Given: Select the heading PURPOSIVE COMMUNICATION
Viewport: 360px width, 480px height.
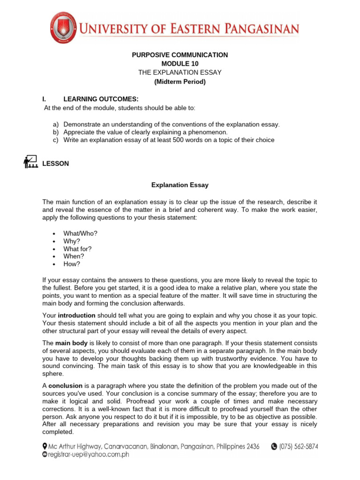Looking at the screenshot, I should [x=180, y=55].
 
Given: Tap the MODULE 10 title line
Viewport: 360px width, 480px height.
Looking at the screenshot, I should [x=180, y=63].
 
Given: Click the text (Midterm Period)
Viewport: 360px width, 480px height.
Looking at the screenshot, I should [x=180, y=81].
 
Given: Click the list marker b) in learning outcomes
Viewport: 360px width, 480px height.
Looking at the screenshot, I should [x=55, y=132].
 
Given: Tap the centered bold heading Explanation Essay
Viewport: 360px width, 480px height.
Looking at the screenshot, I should [x=180, y=185].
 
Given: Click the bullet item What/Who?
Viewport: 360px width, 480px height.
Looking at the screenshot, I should [x=81, y=233].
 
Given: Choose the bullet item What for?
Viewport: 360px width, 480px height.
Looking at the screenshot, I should [x=78, y=248].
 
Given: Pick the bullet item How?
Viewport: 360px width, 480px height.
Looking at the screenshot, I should [x=72, y=264].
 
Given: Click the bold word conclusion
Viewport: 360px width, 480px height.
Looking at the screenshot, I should [x=66, y=385].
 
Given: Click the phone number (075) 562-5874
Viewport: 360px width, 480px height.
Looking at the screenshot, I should [x=299, y=447].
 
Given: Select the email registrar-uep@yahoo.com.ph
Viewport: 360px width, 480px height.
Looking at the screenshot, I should [x=89, y=454].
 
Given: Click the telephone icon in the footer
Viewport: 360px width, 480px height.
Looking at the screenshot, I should [x=274, y=447].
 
